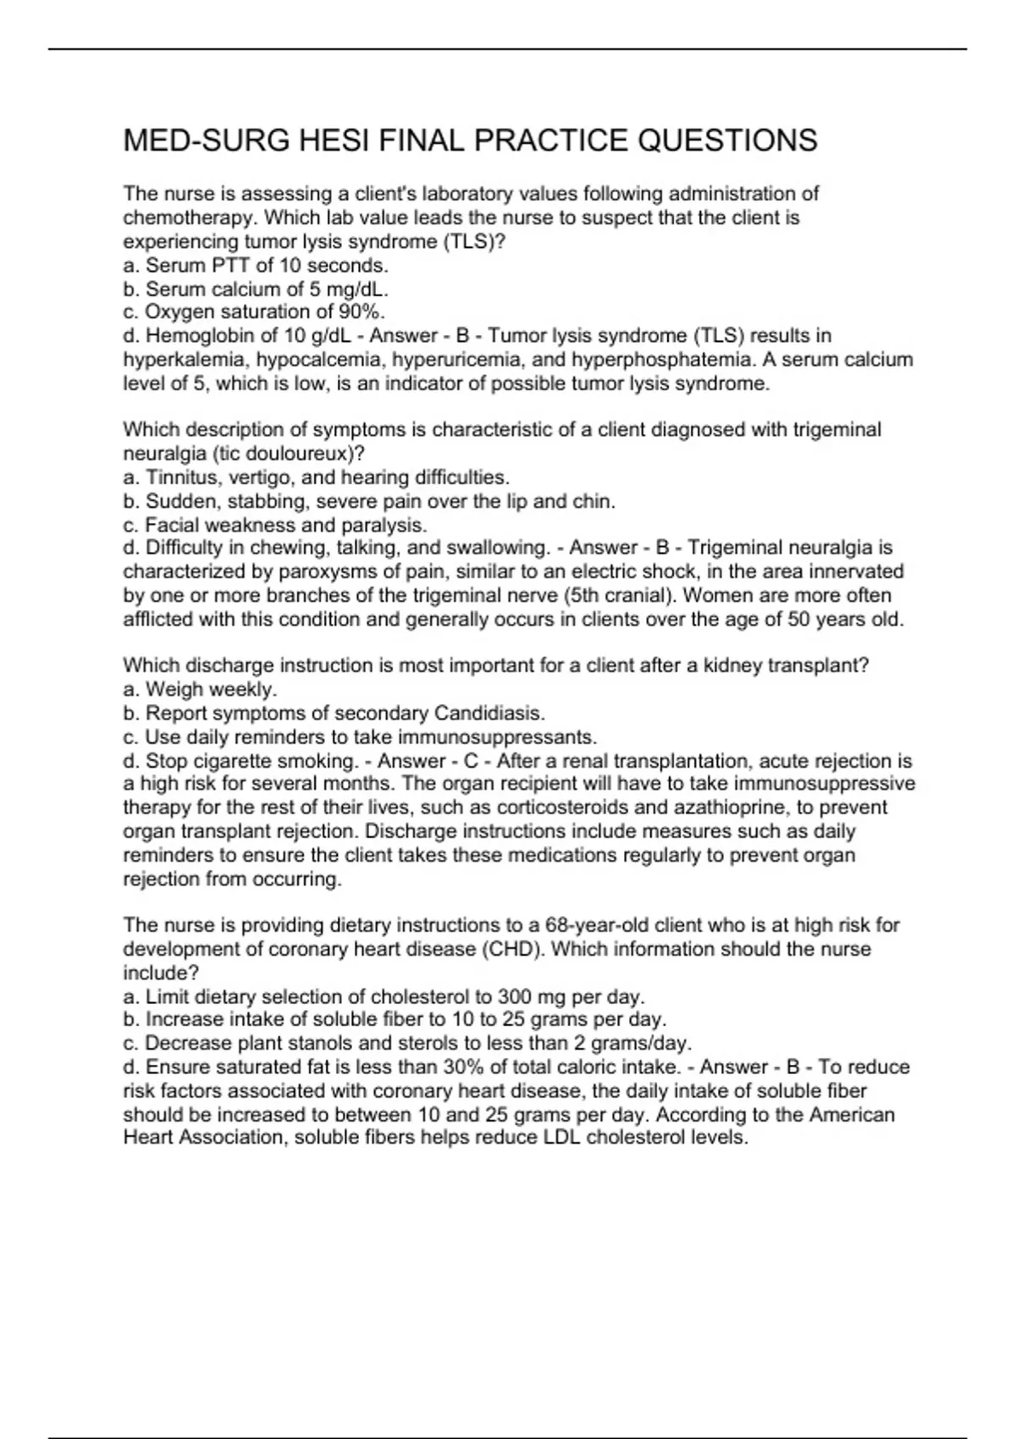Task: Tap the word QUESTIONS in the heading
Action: point(726,141)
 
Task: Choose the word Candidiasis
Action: point(489,713)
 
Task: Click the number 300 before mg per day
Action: point(515,996)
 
